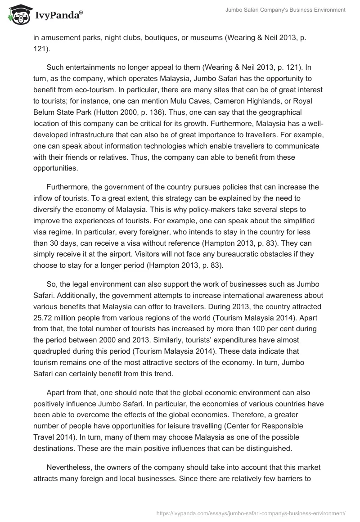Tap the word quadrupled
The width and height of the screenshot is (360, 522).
coord(54,340)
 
